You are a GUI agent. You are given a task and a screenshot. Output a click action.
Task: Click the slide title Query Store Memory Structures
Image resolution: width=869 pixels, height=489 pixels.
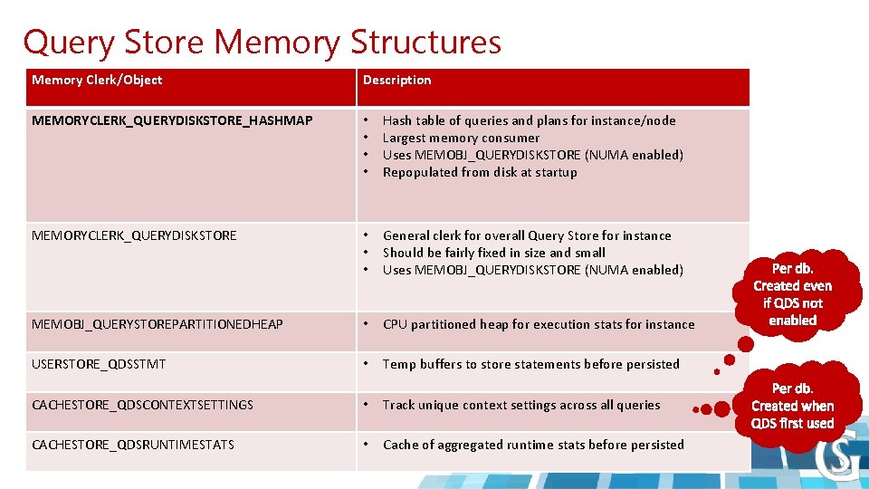coord(262,42)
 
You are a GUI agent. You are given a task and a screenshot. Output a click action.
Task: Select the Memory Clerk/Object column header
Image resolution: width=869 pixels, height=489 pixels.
coord(97,81)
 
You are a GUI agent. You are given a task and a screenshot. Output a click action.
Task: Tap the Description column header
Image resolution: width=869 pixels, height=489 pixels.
coord(396,81)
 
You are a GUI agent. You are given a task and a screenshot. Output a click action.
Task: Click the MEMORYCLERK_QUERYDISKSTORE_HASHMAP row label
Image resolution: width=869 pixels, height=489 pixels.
coord(172,120)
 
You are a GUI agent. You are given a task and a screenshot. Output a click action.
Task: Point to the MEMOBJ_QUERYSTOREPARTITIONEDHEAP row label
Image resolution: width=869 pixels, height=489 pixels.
coord(158,324)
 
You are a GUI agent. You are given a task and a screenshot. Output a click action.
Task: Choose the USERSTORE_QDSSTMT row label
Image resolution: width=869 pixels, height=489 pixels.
coord(99,364)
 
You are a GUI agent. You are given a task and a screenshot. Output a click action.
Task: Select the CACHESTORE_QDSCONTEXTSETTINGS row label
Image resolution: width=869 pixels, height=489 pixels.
coord(142,405)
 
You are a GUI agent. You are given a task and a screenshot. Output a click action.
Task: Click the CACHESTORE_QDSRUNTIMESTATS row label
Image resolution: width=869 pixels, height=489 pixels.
coord(133,445)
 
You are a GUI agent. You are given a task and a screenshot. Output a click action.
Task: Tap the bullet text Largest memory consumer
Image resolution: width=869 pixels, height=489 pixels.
coord(461,138)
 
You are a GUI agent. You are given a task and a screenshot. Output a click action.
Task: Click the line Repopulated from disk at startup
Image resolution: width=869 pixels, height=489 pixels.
coord(480,172)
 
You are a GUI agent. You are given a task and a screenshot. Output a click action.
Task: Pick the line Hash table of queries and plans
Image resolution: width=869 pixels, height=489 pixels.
coord(529,120)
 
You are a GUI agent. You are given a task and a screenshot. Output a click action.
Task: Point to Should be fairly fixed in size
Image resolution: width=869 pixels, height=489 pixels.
coord(494,253)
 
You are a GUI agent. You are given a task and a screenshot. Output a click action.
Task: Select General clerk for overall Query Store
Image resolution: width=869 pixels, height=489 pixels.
coord(527,235)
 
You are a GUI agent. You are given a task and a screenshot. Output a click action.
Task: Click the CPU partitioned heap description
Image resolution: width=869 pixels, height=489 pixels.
coord(539,324)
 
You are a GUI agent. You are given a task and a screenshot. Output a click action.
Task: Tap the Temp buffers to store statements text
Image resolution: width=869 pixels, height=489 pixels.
coord(530,364)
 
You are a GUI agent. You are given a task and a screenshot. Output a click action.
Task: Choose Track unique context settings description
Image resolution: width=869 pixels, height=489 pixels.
coord(521,405)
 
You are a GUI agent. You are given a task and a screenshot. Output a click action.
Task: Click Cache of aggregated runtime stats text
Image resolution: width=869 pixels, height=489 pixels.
coord(533,445)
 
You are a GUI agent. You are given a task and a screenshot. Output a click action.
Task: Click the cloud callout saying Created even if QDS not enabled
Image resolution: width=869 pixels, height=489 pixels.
coord(793,294)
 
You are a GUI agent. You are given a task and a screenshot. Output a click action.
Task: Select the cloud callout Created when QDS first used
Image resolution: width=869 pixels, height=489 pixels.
coord(792,406)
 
